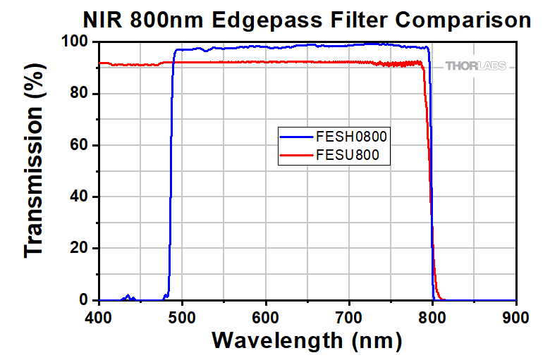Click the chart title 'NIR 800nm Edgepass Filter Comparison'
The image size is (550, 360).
(x=306, y=19)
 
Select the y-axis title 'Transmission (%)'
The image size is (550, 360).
(x=35, y=171)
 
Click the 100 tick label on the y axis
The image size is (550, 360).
(x=73, y=42)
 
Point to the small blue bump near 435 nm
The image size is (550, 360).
(x=128, y=297)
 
